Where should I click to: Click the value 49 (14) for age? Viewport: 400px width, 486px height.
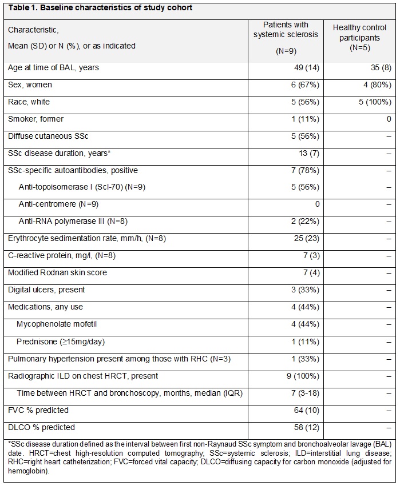(295, 67)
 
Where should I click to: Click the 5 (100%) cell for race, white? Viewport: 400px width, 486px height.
(374, 102)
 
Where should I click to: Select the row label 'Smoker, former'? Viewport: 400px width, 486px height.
(35, 119)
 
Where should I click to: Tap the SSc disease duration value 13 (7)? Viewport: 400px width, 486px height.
(298, 153)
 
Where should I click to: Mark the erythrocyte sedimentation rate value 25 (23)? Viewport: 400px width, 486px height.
(295, 239)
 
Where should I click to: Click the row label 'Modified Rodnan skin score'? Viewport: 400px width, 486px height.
(57, 273)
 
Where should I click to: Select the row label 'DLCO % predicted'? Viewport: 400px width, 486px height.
(41, 427)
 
